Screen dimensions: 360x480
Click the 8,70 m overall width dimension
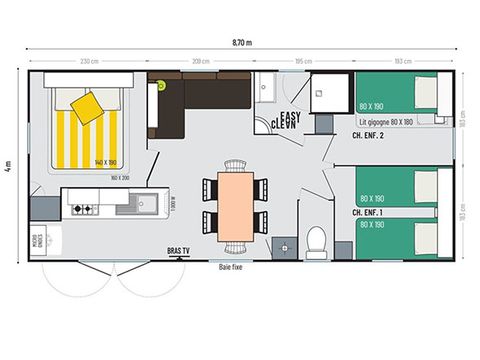click(x=241, y=43)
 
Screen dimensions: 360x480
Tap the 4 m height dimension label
click(x=9, y=165)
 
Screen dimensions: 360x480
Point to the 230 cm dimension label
click(x=88, y=62)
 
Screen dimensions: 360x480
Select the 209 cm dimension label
click(x=199, y=62)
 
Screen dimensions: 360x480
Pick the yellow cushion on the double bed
click(x=89, y=107)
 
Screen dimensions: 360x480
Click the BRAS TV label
click(x=180, y=252)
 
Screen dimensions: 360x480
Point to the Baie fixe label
click(x=232, y=267)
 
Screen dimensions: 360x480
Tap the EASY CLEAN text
click(x=288, y=120)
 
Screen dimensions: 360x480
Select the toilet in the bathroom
click(x=316, y=241)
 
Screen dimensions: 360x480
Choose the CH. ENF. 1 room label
click(x=369, y=212)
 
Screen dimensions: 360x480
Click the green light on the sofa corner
click(x=159, y=86)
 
